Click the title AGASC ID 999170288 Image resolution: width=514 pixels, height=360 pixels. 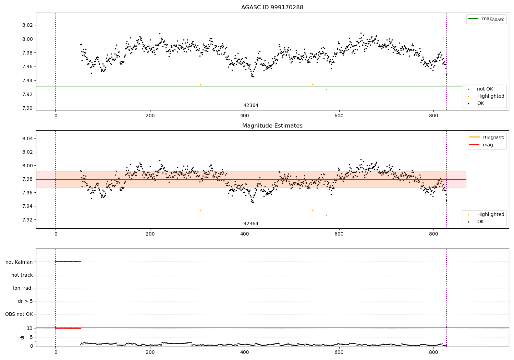pyautogui.click(x=272, y=8)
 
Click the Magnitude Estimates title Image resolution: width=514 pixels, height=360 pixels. pyautogui.click(x=272, y=126)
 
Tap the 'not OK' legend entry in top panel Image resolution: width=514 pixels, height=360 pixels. pyautogui.click(x=485, y=89)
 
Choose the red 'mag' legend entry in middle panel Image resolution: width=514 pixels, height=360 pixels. pyautogui.click(x=488, y=145)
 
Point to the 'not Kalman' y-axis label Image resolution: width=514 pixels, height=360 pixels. pyautogui.click(x=19, y=262)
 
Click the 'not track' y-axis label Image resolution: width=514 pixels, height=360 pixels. pyautogui.click(x=22, y=275)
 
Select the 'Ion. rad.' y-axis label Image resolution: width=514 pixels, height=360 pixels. pyautogui.click(x=23, y=288)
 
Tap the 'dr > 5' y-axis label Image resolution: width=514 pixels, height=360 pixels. pyautogui.click(x=25, y=301)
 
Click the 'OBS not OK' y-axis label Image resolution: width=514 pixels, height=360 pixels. pyautogui.click(x=19, y=314)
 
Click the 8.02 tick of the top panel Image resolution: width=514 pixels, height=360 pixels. pyautogui.click(x=27, y=25)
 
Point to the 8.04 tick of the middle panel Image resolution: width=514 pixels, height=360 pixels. pyautogui.click(x=27, y=139)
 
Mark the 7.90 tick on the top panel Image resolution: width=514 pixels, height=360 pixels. pyautogui.click(x=27, y=108)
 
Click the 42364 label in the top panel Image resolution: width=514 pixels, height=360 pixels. pyautogui.click(x=251, y=106)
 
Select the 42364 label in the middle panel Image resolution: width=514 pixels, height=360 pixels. pyautogui.click(x=251, y=224)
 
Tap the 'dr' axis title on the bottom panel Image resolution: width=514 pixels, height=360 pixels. pyautogui.click(x=22, y=337)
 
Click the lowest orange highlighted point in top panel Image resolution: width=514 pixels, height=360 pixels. pyautogui.click(x=326, y=89)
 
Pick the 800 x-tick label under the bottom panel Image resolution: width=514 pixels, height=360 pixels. pyautogui.click(x=433, y=352)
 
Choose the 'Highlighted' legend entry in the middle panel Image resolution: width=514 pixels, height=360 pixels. pyautogui.click(x=490, y=215)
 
